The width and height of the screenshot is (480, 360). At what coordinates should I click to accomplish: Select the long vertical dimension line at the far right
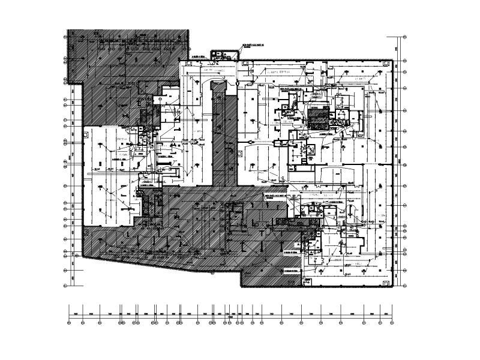pyautogui.click(x=397, y=162)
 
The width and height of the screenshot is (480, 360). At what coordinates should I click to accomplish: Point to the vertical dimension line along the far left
pyautogui.click(x=73, y=180)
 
